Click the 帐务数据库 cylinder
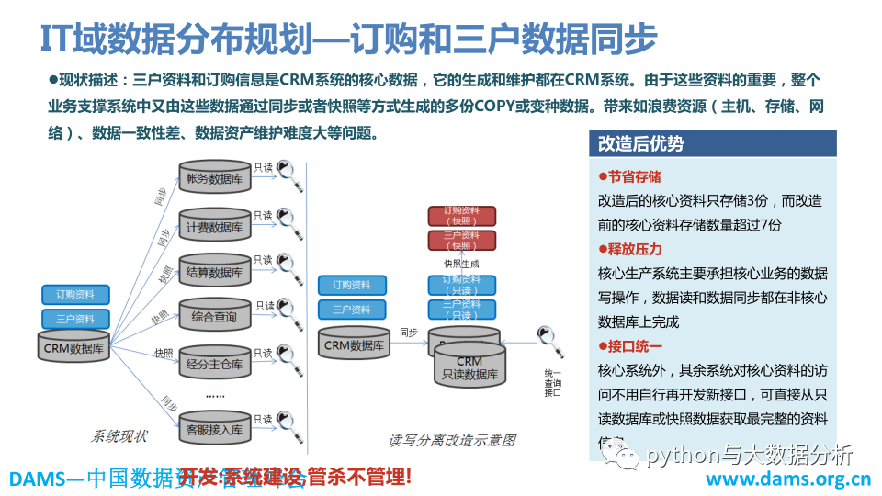point(213,178)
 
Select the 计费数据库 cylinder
point(213,226)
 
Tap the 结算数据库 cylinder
point(213,272)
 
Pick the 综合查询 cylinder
point(213,317)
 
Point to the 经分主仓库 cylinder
point(213,364)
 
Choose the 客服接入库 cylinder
point(213,428)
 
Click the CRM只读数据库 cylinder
point(469,366)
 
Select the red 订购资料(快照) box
point(461,216)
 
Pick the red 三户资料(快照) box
point(461,241)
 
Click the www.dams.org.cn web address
point(787,479)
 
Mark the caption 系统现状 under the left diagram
point(119,436)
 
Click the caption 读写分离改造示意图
point(452,440)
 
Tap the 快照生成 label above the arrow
point(461,262)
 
